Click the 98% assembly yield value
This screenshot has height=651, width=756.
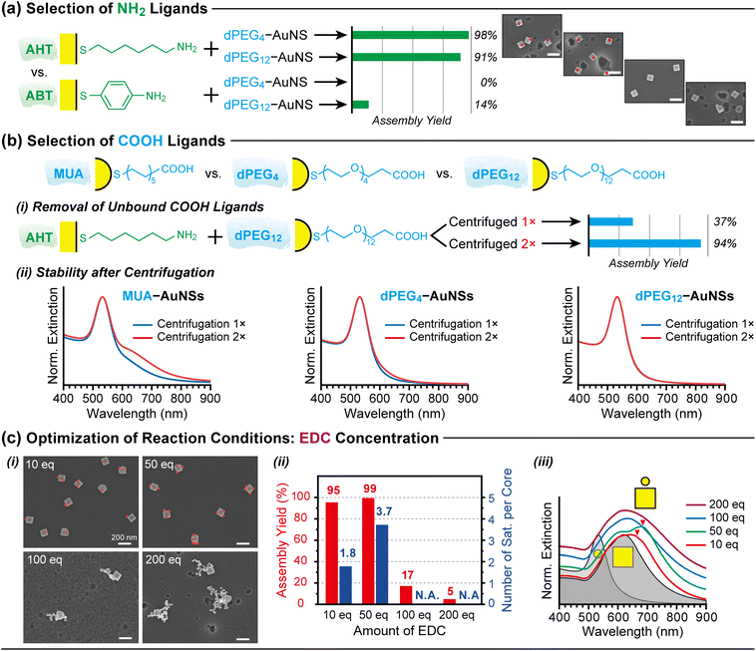coord(484,36)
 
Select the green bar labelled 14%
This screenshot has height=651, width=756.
coord(361,105)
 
